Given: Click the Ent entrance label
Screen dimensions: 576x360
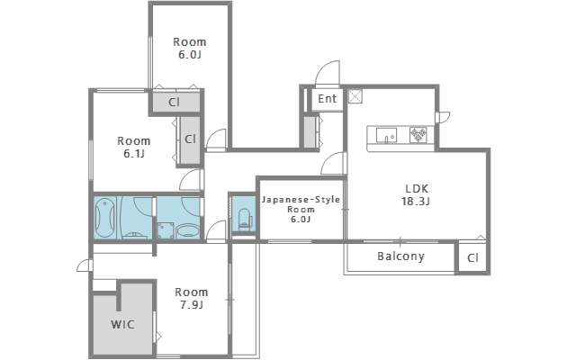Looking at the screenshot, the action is [x=327, y=98].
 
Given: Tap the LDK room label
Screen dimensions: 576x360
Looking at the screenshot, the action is [x=417, y=188].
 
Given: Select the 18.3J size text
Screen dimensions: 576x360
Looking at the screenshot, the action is [x=416, y=202].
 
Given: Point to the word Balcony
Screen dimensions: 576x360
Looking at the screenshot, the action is [x=400, y=256].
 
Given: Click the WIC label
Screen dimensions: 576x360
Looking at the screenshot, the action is [x=122, y=324].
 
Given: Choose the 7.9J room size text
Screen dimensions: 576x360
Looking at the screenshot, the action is [x=192, y=305].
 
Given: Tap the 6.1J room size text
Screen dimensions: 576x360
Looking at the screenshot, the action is [x=134, y=154].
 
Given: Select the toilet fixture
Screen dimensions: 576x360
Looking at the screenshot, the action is [x=245, y=219].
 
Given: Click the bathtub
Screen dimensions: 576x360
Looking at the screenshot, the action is [x=105, y=218].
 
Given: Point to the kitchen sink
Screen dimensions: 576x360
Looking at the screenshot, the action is [x=386, y=135].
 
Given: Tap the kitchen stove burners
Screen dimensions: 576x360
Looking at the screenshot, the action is [x=418, y=135].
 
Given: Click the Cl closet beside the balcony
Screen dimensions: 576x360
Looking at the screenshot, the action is [x=472, y=258].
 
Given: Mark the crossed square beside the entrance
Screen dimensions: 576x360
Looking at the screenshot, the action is [x=355, y=96].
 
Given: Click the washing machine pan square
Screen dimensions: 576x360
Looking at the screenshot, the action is [x=166, y=230].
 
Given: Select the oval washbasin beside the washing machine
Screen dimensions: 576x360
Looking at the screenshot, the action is [x=188, y=232].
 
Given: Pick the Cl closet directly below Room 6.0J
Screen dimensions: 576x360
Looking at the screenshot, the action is [x=174, y=102].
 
